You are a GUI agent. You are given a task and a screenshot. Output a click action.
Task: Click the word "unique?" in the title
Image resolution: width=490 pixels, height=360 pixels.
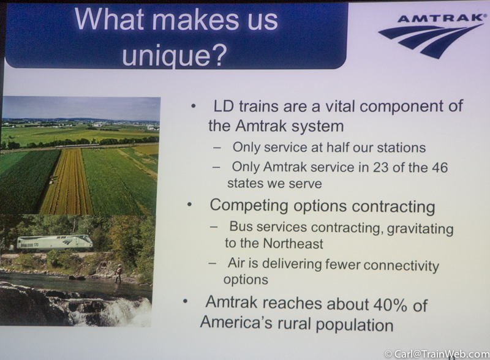[x=174, y=55]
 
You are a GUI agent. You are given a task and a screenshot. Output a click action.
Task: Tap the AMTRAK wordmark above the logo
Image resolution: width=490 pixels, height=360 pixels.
[x=440, y=18]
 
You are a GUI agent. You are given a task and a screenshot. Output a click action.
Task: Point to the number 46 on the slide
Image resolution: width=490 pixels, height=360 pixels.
[x=440, y=168]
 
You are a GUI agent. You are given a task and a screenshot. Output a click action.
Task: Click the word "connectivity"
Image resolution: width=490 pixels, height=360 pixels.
[x=401, y=265]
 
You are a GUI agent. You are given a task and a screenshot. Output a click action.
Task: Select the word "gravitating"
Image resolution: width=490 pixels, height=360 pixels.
[x=420, y=229]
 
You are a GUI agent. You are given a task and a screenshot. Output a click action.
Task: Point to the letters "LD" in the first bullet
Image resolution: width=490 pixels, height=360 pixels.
[x=224, y=106]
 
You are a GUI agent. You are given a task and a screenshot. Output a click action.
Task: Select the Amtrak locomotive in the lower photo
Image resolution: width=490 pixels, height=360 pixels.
[x=55, y=242]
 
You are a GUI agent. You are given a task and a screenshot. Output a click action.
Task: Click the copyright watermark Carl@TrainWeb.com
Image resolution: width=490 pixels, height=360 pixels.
[x=437, y=354]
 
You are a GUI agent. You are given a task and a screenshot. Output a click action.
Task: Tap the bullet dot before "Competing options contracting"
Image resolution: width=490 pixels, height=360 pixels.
[x=189, y=205]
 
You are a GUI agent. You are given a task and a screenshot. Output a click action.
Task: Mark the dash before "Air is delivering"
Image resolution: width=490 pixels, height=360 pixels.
[x=213, y=263]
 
